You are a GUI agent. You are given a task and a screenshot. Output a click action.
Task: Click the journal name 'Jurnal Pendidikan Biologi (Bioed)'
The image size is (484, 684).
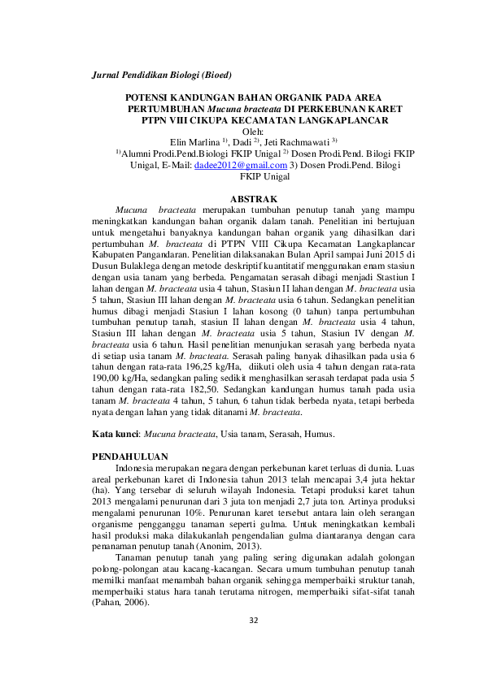click(162, 76)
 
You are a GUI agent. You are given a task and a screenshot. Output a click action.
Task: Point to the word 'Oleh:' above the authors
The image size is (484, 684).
click(255, 132)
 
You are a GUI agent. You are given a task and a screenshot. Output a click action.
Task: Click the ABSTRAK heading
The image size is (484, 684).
click(255, 199)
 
